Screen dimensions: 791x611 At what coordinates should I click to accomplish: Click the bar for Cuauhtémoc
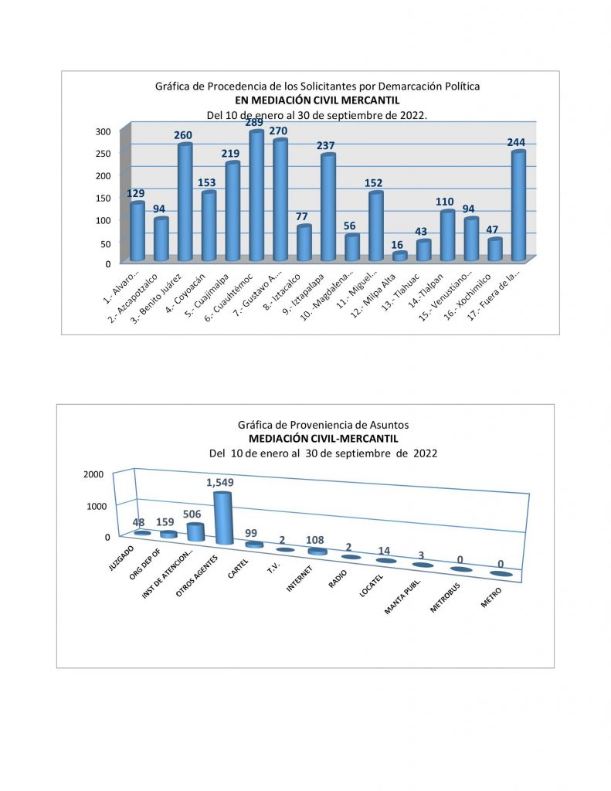[256, 196]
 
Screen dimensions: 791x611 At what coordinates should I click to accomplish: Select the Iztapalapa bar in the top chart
[328, 208]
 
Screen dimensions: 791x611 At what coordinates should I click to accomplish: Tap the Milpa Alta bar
[399, 256]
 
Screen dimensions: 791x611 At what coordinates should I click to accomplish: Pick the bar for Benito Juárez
[185, 202]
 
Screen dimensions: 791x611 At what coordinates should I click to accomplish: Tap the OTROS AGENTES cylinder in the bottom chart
[222, 518]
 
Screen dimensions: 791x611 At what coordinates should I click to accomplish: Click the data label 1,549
[220, 483]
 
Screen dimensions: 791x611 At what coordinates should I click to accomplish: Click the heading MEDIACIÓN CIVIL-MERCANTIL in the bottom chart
[324, 439]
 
